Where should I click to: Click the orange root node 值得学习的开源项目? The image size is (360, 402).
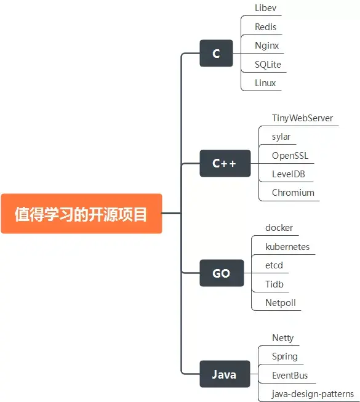(81, 214)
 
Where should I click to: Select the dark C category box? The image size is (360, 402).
(216, 54)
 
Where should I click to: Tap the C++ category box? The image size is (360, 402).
(225, 163)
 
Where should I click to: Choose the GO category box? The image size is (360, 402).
(221, 273)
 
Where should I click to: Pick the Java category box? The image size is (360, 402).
(224, 374)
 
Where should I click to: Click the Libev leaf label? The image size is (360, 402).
(266, 8)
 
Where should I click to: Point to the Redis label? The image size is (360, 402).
(266, 27)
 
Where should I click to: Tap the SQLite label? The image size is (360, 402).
(268, 64)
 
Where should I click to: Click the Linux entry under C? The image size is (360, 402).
(266, 82)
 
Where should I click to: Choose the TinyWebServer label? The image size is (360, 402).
(302, 118)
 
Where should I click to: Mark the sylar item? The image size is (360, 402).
(281, 136)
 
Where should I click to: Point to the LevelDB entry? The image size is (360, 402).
(289, 174)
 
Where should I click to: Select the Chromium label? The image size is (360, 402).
(293, 192)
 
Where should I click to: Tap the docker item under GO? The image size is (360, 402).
(279, 228)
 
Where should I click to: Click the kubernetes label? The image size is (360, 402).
(287, 247)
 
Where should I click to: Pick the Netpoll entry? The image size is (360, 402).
(281, 302)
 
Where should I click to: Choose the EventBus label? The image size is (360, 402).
(290, 375)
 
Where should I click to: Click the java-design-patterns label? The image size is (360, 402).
(313, 393)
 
